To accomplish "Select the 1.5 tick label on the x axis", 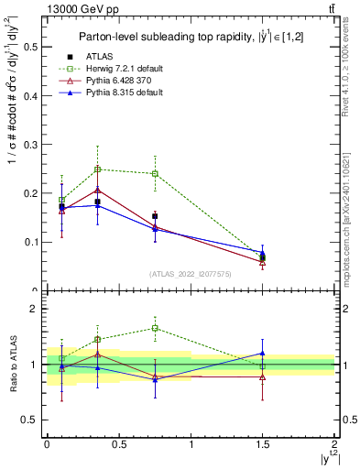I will [262, 443].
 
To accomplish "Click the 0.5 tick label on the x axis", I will [118, 443].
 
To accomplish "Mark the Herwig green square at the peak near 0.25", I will [97, 169].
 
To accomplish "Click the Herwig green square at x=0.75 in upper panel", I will [155, 173].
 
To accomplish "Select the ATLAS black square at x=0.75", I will [155, 216].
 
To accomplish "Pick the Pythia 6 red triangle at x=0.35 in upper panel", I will [97, 191].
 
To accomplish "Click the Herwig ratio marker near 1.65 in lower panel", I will [155, 328].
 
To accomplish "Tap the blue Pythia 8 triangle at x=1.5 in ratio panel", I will [263, 353].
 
